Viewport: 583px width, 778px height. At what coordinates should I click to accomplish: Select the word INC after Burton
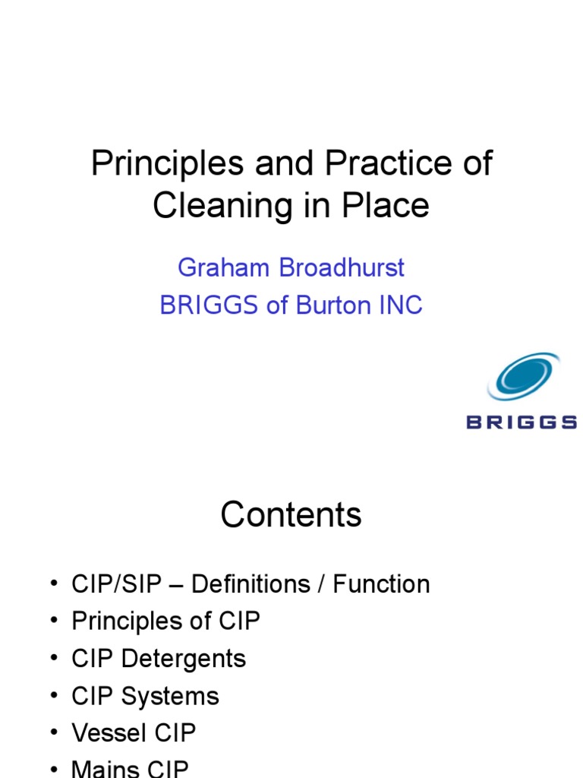[401, 305]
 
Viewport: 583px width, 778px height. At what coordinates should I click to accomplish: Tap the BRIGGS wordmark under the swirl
[522, 422]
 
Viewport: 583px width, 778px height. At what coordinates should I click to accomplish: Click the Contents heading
[291, 515]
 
